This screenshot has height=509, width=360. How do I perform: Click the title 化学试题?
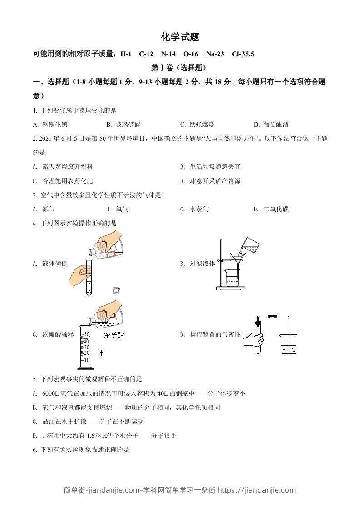coord(180,37)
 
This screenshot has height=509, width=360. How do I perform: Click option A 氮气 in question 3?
coord(49,209)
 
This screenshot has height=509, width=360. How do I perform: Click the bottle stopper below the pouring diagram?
coord(117,290)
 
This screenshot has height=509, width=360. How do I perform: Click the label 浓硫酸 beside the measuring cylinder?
coord(114,335)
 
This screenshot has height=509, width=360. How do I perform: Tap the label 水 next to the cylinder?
coord(101,352)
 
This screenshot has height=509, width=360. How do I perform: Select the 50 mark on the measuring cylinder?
coord(87,334)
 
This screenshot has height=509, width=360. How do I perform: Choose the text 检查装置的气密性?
coord(215,335)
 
